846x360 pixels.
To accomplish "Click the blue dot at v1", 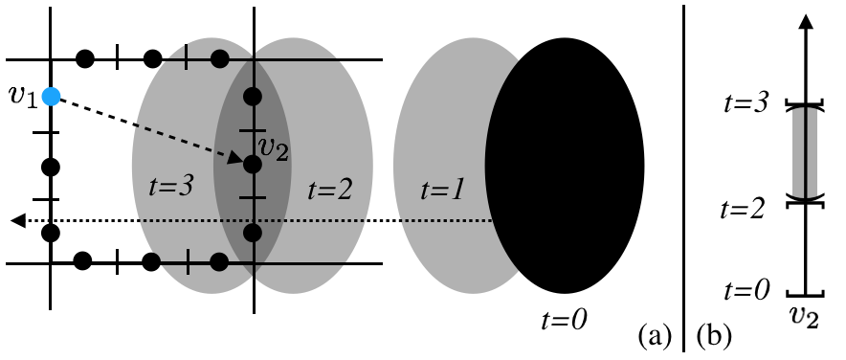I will (52, 96).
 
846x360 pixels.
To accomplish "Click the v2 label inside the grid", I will (274, 148).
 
